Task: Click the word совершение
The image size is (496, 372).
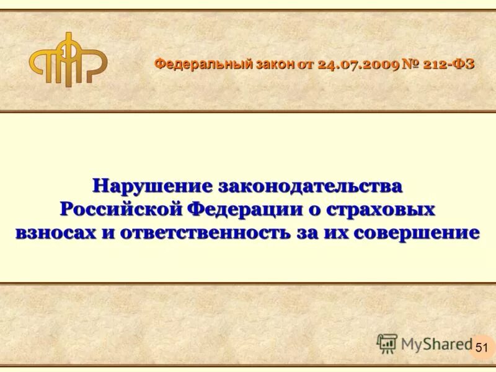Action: click(427, 233)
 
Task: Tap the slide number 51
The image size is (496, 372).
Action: click(482, 348)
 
